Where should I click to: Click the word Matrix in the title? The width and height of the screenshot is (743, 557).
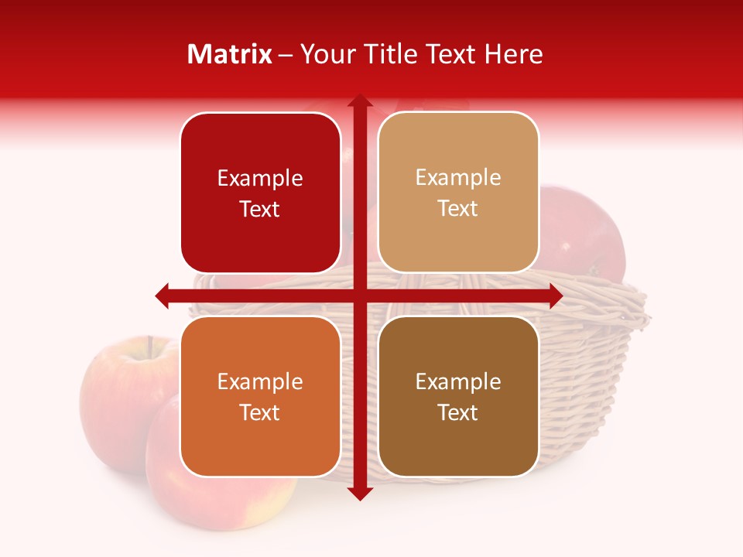click(x=230, y=54)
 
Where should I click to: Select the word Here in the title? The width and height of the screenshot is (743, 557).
click(x=514, y=54)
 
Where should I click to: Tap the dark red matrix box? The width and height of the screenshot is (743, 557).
click(x=260, y=193)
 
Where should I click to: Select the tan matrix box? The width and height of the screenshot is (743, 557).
click(x=458, y=193)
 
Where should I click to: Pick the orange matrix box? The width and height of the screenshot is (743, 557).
click(x=260, y=396)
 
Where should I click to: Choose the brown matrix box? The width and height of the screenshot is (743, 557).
click(x=458, y=396)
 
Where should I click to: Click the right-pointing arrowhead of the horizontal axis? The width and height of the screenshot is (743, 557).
click(x=555, y=296)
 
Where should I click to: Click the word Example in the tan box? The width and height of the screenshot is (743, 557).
click(x=458, y=177)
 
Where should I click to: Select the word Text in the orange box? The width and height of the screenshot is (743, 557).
click(x=260, y=412)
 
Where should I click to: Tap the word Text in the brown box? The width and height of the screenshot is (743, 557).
click(x=458, y=412)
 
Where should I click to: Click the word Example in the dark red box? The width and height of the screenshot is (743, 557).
click(x=260, y=178)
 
